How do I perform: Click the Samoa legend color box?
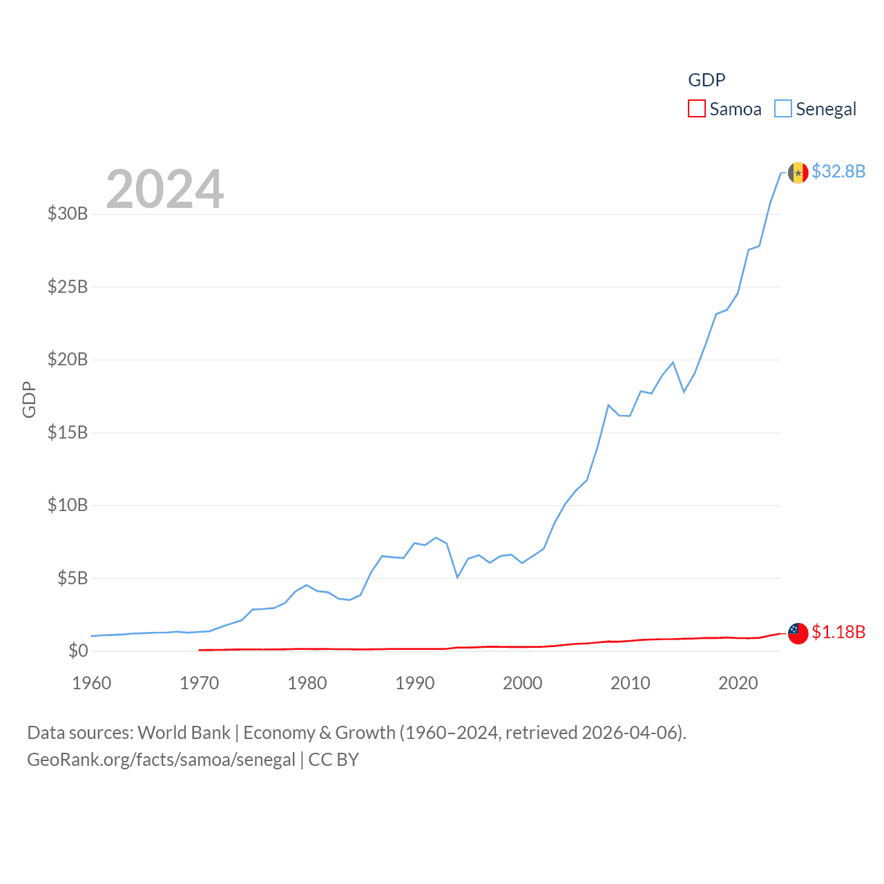tap(696, 109)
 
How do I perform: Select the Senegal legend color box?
tap(782, 109)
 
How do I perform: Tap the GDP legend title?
tap(707, 80)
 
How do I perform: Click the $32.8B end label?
tap(838, 171)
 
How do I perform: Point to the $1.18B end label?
tap(838, 632)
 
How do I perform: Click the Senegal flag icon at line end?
tap(798, 173)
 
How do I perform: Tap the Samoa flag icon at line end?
tap(798, 633)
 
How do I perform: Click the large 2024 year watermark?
tap(165, 189)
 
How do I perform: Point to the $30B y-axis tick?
tap(68, 213)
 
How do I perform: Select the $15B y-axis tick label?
tap(68, 432)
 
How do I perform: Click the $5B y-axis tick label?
tap(72, 578)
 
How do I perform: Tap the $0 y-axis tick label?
tap(78, 651)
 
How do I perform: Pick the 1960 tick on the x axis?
tap(92, 683)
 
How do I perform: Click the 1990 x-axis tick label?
tap(415, 683)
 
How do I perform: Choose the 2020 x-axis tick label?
tap(738, 683)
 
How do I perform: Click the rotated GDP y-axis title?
tap(29, 399)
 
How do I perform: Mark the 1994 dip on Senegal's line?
tap(457, 577)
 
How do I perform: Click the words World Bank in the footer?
tap(184, 732)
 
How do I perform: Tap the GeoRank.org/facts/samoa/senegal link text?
tap(161, 760)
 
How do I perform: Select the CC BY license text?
tap(334, 760)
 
